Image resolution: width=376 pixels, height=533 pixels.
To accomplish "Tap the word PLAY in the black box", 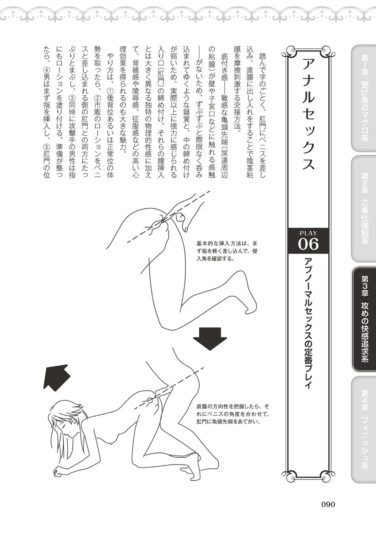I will tap(308, 233).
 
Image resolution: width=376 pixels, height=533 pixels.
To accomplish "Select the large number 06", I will tap(308, 245).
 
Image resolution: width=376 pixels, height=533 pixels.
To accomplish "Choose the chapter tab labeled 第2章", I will tap(365, 209).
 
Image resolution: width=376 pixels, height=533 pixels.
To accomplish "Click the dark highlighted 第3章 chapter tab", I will tap(365, 319).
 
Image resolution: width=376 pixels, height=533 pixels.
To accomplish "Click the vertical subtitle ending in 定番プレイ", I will tap(308, 324).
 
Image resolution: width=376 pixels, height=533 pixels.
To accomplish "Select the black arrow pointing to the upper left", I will tap(56, 376).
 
